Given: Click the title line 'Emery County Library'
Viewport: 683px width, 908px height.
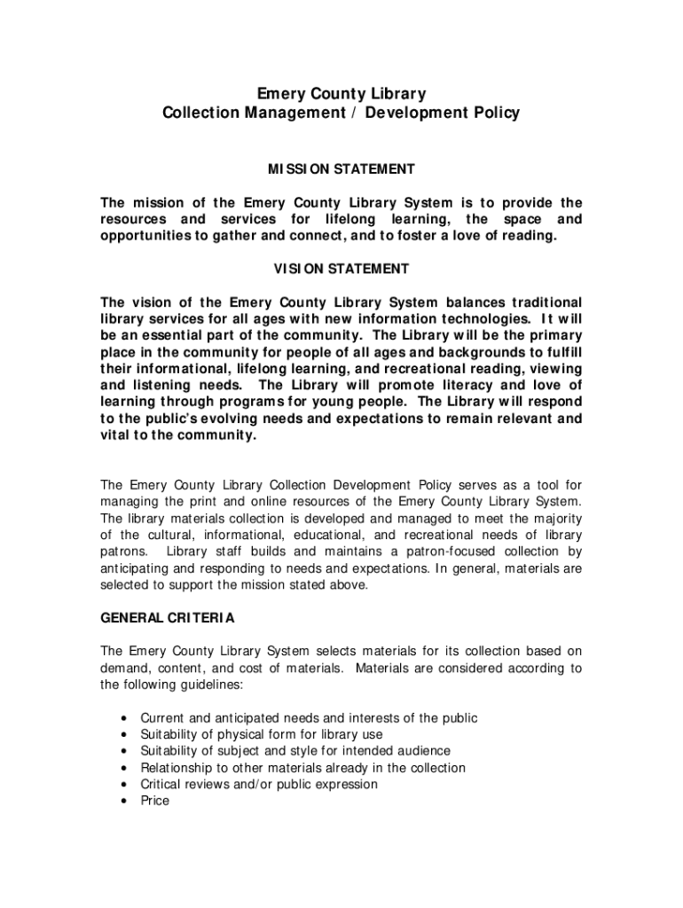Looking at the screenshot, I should [341, 93].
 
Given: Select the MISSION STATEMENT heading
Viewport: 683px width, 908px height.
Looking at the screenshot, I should [341, 168].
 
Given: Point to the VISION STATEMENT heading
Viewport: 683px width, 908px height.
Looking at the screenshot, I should [341, 269].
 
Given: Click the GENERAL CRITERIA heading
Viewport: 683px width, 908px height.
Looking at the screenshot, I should [168, 617].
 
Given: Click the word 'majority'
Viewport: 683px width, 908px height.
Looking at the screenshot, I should [554, 519].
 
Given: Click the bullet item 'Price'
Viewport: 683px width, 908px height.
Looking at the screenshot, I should [154, 801].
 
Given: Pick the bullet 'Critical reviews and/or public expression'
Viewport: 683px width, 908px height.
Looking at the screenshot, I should [259, 785].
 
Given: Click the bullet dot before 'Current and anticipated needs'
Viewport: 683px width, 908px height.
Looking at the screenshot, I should [122, 718].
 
